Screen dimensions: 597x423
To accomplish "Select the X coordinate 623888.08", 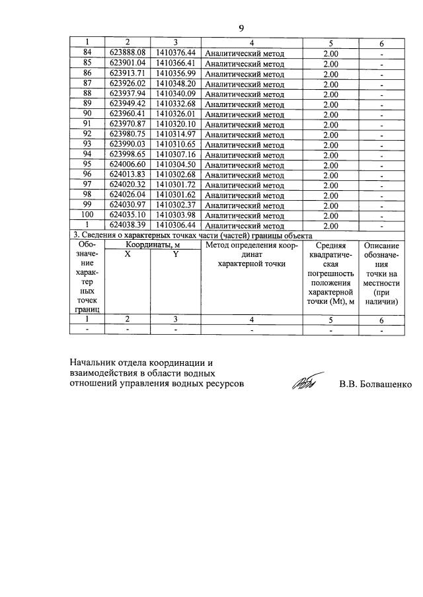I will (x=128, y=53).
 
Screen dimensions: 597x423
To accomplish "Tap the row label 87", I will (x=87, y=84).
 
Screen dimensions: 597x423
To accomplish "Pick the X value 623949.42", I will (x=128, y=104).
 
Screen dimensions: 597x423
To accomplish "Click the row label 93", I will (x=87, y=144).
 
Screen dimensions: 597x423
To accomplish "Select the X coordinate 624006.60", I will (x=128, y=164).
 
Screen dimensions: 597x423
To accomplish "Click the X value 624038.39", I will (x=128, y=225).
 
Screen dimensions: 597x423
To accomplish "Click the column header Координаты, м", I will (x=153, y=245).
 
